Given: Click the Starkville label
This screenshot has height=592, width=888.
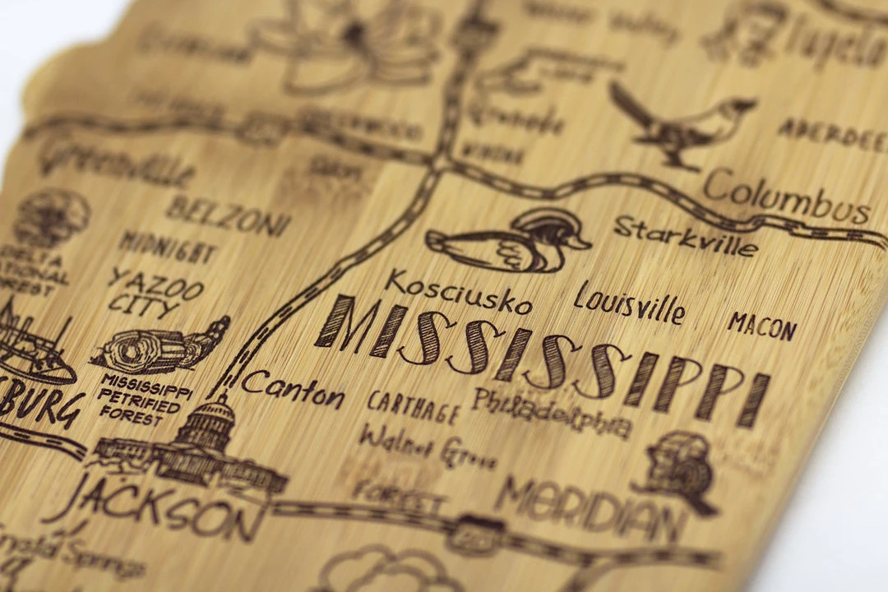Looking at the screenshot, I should tap(685, 236).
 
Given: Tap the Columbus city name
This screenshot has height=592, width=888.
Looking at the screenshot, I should tap(787, 198).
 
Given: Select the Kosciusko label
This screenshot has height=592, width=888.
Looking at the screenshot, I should tap(458, 292).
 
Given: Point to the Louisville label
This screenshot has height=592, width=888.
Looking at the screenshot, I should tap(629, 303).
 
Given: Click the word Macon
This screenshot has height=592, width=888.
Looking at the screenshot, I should tap(761, 326).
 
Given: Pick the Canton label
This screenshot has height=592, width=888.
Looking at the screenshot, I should tap(294, 389).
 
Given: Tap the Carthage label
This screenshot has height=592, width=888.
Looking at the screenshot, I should tap(412, 406).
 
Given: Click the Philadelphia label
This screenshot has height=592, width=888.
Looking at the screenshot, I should tap(552, 413).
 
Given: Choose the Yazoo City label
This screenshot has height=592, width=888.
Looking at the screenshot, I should tap(154, 293).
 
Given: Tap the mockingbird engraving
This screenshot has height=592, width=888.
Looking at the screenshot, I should tap(684, 122).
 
